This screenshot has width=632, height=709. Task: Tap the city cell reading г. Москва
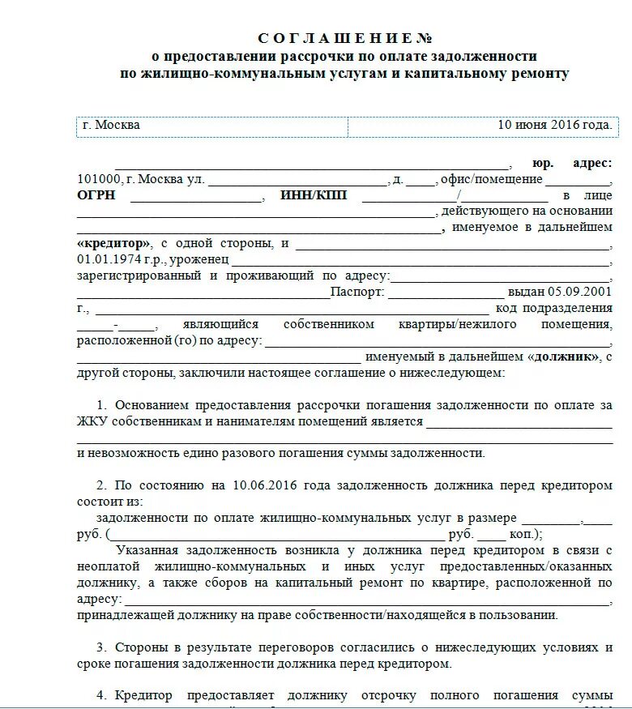tap(112, 126)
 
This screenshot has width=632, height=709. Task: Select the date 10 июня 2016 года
tap(554, 126)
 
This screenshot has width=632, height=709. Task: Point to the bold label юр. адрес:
tap(572, 163)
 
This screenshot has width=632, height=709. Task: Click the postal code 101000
tap(99, 179)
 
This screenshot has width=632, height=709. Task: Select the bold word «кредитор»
tap(114, 243)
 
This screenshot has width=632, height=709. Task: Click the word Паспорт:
tap(358, 292)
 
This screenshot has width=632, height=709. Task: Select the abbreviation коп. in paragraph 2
tap(524, 535)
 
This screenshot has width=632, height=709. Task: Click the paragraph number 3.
tap(101, 647)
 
